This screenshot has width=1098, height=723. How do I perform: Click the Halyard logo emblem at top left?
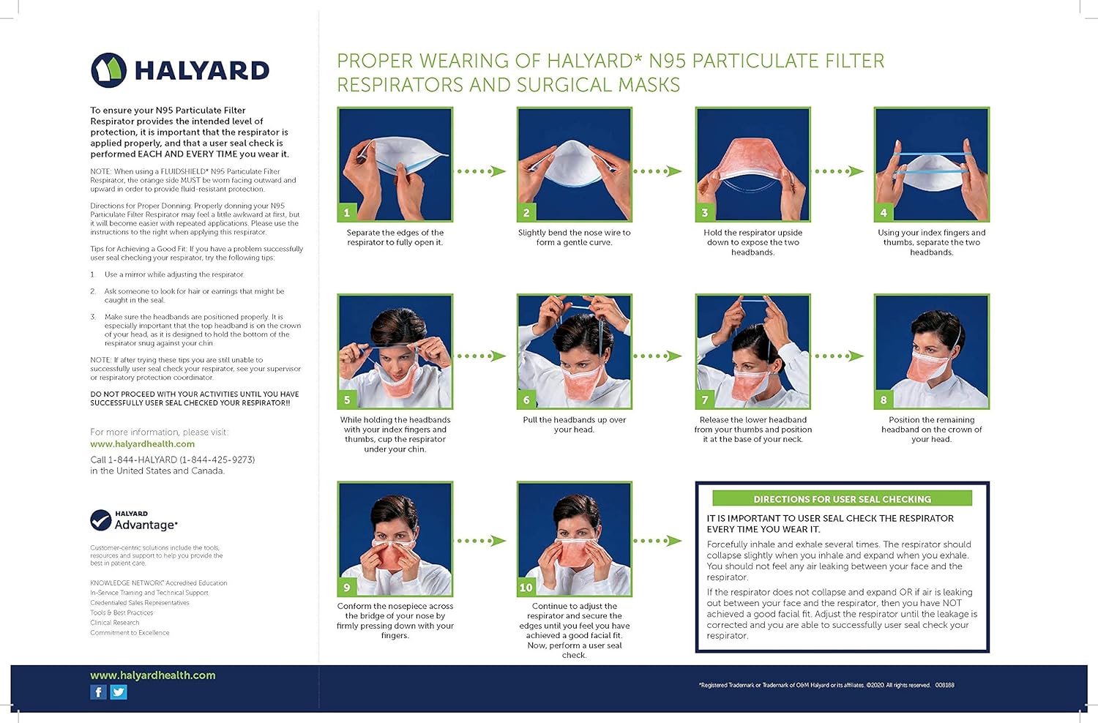pos(108,70)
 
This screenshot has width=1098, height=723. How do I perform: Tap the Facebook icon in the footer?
pos(98,692)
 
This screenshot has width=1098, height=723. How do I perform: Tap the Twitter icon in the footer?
pos(119,692)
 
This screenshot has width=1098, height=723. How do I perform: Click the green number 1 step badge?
pos(347,212)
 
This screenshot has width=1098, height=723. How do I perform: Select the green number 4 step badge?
pos(884,212)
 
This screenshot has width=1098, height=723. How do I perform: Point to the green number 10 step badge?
pos(526,587)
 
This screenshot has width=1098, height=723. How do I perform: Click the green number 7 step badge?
pos(705,400)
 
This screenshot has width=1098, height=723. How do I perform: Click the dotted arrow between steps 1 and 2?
pos(481,171)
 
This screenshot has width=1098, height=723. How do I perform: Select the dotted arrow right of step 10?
pos(657,541)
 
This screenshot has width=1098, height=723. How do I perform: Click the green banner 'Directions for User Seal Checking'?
pos(842,499)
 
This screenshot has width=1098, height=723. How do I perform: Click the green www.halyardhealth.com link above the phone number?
pos(143,444)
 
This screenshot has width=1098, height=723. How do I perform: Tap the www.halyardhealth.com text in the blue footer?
pos(153,675)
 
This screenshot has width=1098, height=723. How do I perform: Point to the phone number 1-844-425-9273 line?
pos(173,460)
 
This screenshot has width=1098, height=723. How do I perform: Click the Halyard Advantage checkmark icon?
pos(100,520)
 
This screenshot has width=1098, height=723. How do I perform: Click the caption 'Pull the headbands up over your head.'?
pos(574,424)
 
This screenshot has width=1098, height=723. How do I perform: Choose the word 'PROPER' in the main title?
pos(373,61)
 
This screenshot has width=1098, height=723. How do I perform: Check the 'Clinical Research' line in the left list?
pos(115,623)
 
